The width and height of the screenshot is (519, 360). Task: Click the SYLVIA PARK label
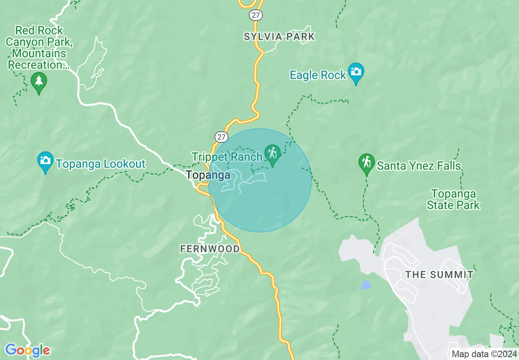[x=279, y=36]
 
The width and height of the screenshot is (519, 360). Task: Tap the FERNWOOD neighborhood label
[x=210, y=249]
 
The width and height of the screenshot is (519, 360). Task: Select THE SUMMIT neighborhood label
[x=439, y=274]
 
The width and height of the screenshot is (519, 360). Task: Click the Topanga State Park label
[x=453, y=199]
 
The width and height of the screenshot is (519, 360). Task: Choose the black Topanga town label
[x=208, y=175]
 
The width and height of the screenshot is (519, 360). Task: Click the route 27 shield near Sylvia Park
[x=255, y=15]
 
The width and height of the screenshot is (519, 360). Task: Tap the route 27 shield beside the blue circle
[x=221, y=137]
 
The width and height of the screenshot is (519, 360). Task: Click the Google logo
[x=27, y=350]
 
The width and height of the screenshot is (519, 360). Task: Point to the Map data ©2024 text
[x=483, y=354]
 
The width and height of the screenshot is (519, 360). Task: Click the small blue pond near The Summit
[x=366, y=285]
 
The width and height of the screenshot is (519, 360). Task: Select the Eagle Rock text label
[x=318, y=75]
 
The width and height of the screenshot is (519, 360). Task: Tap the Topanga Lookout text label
[x=101, y=164]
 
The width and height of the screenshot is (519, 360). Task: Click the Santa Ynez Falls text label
[x=419, y=166]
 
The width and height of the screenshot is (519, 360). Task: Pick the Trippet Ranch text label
[x=227, y=157]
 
